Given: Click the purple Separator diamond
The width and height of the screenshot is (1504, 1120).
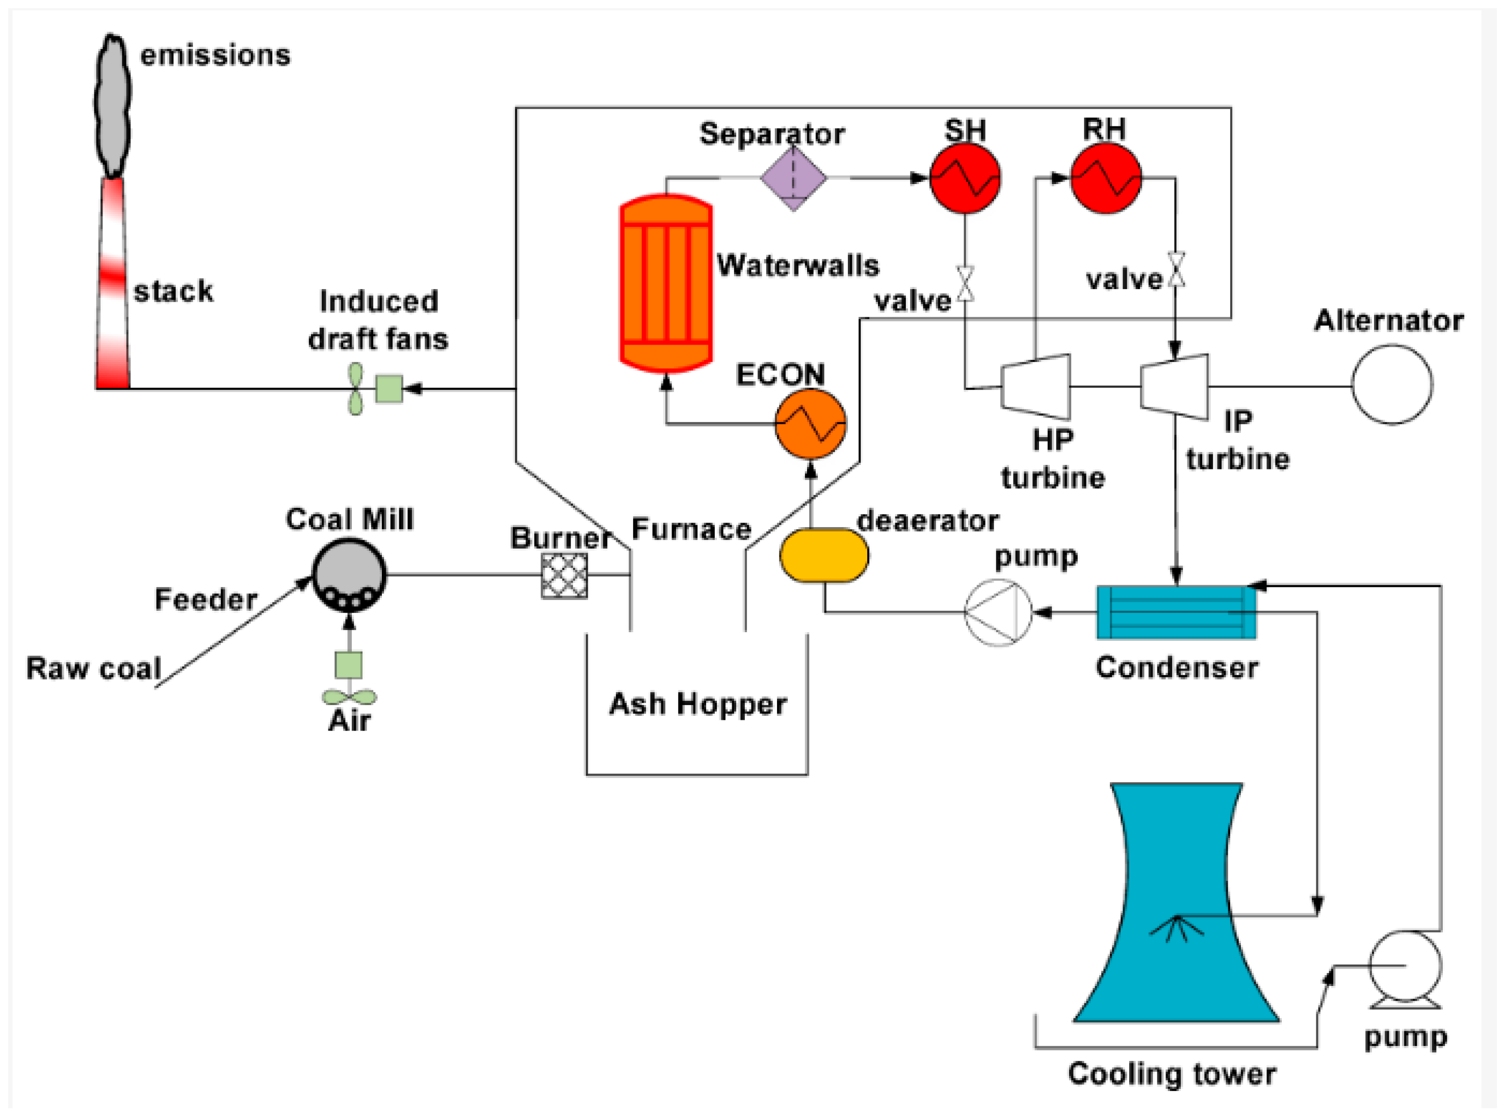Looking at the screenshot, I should [x=793, y=178].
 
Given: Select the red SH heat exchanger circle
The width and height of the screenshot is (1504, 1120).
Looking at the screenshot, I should [x=964, y=178].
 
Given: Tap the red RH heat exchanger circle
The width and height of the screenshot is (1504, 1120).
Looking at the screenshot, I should [x=1105, y=178].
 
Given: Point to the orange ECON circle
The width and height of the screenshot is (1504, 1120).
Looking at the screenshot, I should [x=810, y=424].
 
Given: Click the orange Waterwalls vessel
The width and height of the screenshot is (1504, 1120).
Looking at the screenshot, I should [x=666, y=283].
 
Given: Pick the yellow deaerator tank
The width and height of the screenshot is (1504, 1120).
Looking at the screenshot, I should [x=824, y=555].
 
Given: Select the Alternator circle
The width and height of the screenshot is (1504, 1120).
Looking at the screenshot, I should [x=1391, y=384].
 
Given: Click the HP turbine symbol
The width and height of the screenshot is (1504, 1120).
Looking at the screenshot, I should [x=1036, y=386].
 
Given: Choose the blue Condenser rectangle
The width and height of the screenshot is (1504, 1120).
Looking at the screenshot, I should [x=1176, y=612].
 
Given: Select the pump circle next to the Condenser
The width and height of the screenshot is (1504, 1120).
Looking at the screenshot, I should [x=997, y=612].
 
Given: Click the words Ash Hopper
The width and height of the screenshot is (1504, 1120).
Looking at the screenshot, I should [x=698, y=704].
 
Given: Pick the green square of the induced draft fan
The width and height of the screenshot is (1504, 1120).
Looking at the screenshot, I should [x=389, y=389].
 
